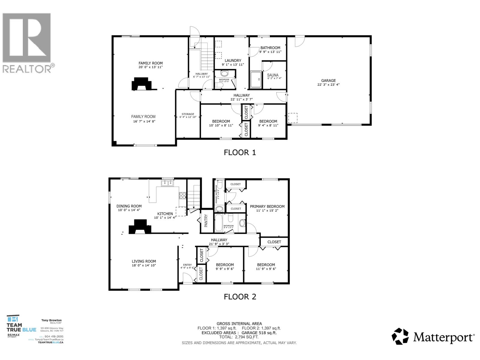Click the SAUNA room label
[273, 75]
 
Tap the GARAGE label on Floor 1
[328, 80]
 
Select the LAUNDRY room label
[233, 60]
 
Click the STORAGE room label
[188, 114]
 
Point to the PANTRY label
[206, 220]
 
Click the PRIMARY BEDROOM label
[267, 206]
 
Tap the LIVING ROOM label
[144, 261]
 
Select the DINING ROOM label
[129, 206]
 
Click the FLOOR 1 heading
[240, 152]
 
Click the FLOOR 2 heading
[240, 297]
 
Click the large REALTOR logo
[27, 42]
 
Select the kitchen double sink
[167, 183]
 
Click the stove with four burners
[183, 196]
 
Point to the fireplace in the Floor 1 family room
[140, 84]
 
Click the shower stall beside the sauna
[256, 79]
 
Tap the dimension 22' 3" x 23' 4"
[328, 85]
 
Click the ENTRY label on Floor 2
[187, 265]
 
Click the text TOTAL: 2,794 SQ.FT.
[239, 337]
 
